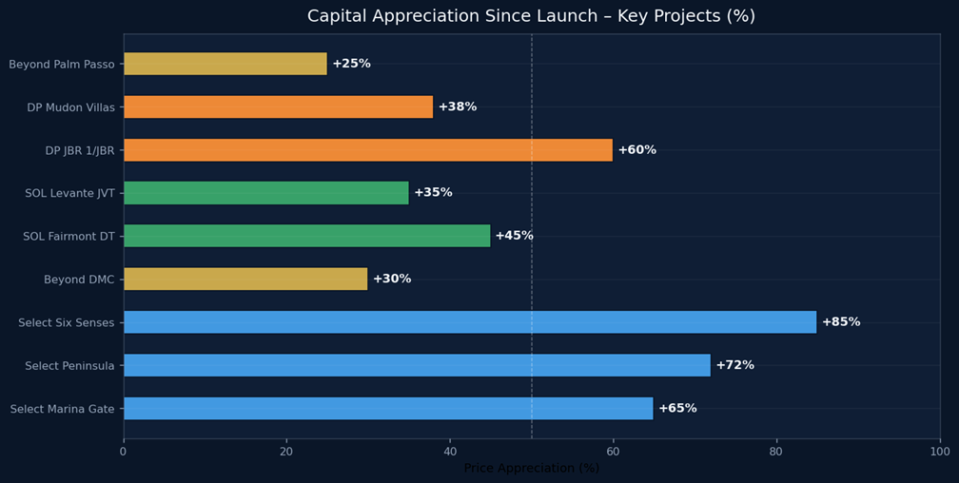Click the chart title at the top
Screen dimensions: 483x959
[531, 16]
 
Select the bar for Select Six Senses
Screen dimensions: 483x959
[469, 322]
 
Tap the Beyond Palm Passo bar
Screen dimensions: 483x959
[225, 64]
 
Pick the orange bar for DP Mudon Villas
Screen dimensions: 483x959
[278, 106]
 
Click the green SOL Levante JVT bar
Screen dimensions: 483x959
[265, 193]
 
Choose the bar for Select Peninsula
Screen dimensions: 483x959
[417, 365]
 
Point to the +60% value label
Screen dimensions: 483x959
[636, 150]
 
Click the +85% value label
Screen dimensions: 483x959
[840, 322]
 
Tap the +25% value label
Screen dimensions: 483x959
[351, 64]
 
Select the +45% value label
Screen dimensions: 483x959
[514, 236]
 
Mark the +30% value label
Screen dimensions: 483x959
[391, 279]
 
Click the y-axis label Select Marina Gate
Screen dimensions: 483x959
[62, 409]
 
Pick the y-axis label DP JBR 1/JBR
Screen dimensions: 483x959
[79, 150]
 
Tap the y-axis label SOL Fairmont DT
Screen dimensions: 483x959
[68, 236]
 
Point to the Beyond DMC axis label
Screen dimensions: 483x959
[79, 280]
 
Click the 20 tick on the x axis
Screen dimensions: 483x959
[286, 453]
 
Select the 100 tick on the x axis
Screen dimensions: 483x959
[939, 453]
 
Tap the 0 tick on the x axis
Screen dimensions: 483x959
[123, 453]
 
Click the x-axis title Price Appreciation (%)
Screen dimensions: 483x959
[531, 469]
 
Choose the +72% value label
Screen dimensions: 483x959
[734, 365]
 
